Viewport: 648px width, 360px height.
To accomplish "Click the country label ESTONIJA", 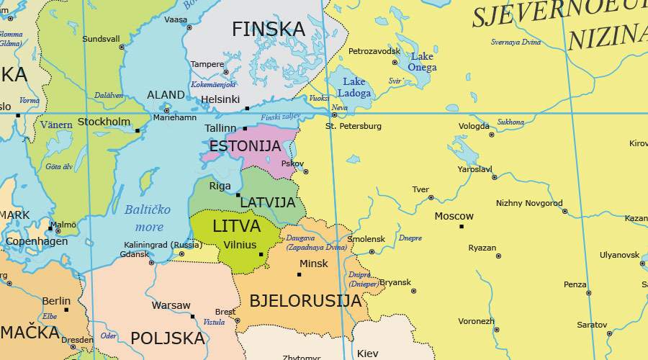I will tap(245, 146).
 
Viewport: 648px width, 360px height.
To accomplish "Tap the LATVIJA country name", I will tap(268, 203).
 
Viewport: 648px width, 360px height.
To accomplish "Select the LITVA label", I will tap(236, 226).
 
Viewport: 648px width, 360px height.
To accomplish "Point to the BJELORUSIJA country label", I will tap(305, 301).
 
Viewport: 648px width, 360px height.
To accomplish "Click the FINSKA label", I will tap(268, 30).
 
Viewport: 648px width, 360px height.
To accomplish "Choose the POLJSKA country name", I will tap(168, 338).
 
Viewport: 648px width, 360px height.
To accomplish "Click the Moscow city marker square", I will tap(462, 227).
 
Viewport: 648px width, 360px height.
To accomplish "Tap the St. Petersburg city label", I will tap(354, 126).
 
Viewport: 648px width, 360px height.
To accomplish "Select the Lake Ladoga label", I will tap(354, 87).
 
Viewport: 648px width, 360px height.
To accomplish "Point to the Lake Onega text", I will tap(422, 62).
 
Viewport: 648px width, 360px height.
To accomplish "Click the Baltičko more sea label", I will tap(148, 218).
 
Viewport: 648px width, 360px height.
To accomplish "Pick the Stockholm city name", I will tap(104, 122).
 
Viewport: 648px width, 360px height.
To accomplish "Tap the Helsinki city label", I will tap(220, 99).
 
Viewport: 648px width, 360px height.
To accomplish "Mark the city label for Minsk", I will tap(313, 264).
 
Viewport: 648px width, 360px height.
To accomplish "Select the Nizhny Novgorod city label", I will tap(529, 203).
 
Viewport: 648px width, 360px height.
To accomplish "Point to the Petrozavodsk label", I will tap(374, 52).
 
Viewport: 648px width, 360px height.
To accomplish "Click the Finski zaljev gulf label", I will tap(280, 117).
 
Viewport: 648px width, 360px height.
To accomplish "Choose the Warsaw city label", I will tap(171, 305).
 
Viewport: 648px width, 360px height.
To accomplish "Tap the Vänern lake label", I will tap(56, 125).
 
